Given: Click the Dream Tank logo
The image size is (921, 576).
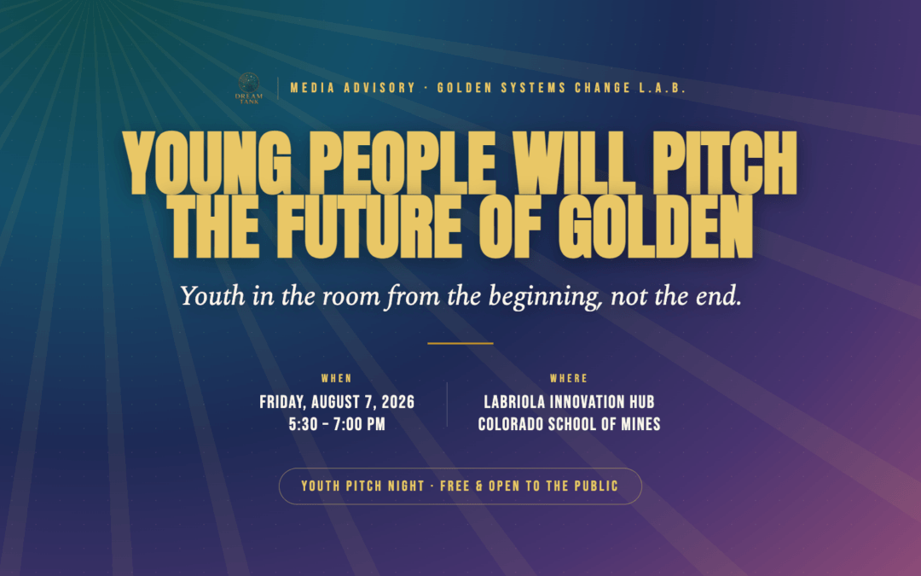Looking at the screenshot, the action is click(249, 88).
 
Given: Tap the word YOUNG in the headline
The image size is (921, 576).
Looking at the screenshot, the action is click(207, 163).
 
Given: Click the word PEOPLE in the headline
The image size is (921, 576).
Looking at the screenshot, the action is click(402, 163).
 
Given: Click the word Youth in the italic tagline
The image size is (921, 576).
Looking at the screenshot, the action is click(212, 295).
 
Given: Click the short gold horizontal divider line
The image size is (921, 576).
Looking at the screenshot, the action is click(460, 343).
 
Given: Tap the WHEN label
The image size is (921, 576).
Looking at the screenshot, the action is click(337, 379).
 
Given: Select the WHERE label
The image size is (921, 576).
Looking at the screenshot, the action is click(569, 379).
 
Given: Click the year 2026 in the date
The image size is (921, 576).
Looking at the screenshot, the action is click(397, 402).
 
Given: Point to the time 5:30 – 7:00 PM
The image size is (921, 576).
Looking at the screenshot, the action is click(337, 424).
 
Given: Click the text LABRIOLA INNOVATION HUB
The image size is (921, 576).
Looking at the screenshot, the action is click(569, 402).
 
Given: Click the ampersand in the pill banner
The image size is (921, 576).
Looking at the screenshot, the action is click(479, 486).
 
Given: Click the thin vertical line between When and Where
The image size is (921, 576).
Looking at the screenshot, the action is click(447, 404).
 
